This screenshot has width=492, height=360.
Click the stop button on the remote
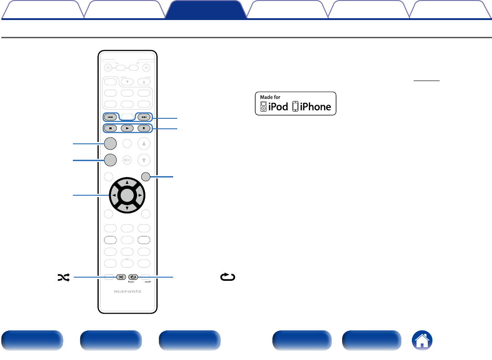click(110, 128)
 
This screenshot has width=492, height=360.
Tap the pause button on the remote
click(144, 128)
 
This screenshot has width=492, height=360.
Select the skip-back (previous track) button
click(110, 117)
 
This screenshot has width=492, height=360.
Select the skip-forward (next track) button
click(144, 117)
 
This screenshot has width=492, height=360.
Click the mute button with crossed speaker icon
click(127, 160)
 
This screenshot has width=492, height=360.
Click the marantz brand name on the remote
click(128, 292)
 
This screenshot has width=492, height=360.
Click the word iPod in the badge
click(278, 107)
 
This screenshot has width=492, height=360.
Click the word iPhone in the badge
click(315, 107)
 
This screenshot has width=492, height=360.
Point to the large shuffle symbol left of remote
click(63, 277)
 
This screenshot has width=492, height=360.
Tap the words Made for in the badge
click(271, 97)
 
